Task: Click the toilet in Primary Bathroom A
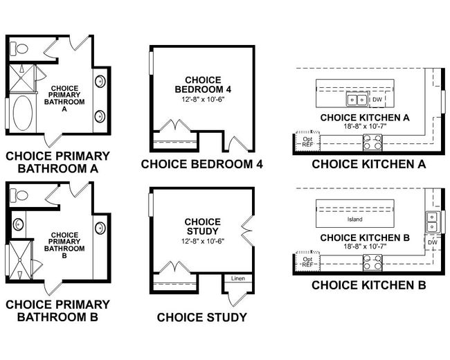19,49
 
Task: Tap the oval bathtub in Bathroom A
22,114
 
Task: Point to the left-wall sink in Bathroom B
19,225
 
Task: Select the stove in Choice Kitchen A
372,143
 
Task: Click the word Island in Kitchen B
355,219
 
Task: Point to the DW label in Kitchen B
433,242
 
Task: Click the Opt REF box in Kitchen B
307,262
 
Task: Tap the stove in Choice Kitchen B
372,263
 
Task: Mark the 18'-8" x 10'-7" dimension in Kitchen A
365,127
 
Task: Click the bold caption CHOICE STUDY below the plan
201,318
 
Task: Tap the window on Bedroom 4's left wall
150,66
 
